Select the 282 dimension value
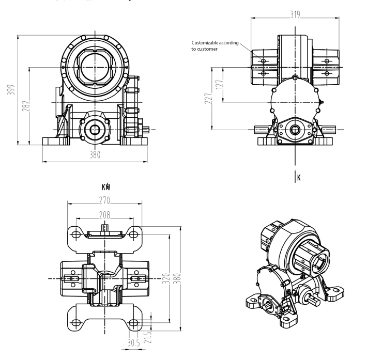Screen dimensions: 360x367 tap(25, 105)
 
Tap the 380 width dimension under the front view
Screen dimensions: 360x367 tap(95, 154)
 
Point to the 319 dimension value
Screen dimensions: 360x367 tap(295, 15)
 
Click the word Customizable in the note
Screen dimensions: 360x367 tap(208, 43)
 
